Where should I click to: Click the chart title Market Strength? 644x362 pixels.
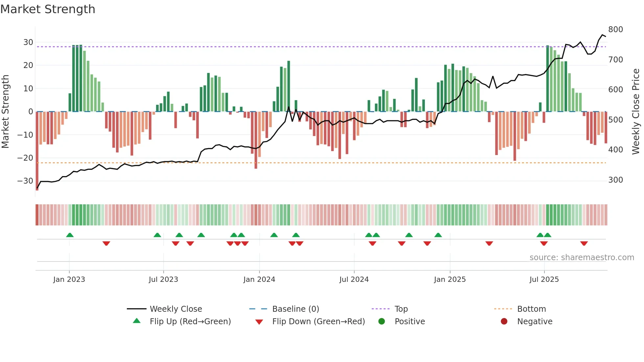[48, 9]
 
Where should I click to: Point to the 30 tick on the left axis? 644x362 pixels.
[28, 42]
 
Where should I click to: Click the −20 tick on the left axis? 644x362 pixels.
[25, 158]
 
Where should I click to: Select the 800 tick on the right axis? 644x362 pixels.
[615, 30]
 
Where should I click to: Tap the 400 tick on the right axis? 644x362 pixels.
[615, 150]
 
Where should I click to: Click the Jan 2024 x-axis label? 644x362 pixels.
[259, 280]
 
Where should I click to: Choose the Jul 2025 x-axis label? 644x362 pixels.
[544, 280]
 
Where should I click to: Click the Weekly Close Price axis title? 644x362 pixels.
[636, 112]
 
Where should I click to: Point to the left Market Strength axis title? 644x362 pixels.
[5, 112]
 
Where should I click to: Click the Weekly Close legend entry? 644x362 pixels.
[175, 309]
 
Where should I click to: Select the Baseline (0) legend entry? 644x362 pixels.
[295, 309]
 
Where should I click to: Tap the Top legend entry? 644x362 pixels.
[401, 309]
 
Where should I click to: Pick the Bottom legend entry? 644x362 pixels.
[531, 309]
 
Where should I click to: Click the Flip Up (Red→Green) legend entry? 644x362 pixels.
[190, 322]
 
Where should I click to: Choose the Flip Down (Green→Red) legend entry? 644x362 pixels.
[318, 322]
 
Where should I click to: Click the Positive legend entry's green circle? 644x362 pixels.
[381, 322]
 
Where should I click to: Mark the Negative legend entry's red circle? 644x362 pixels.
[504, 322]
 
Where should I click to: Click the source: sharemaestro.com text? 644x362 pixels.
[582, 258]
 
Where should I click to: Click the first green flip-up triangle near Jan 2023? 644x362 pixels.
[70, 235]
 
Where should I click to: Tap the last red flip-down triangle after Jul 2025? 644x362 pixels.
[584, 243]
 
